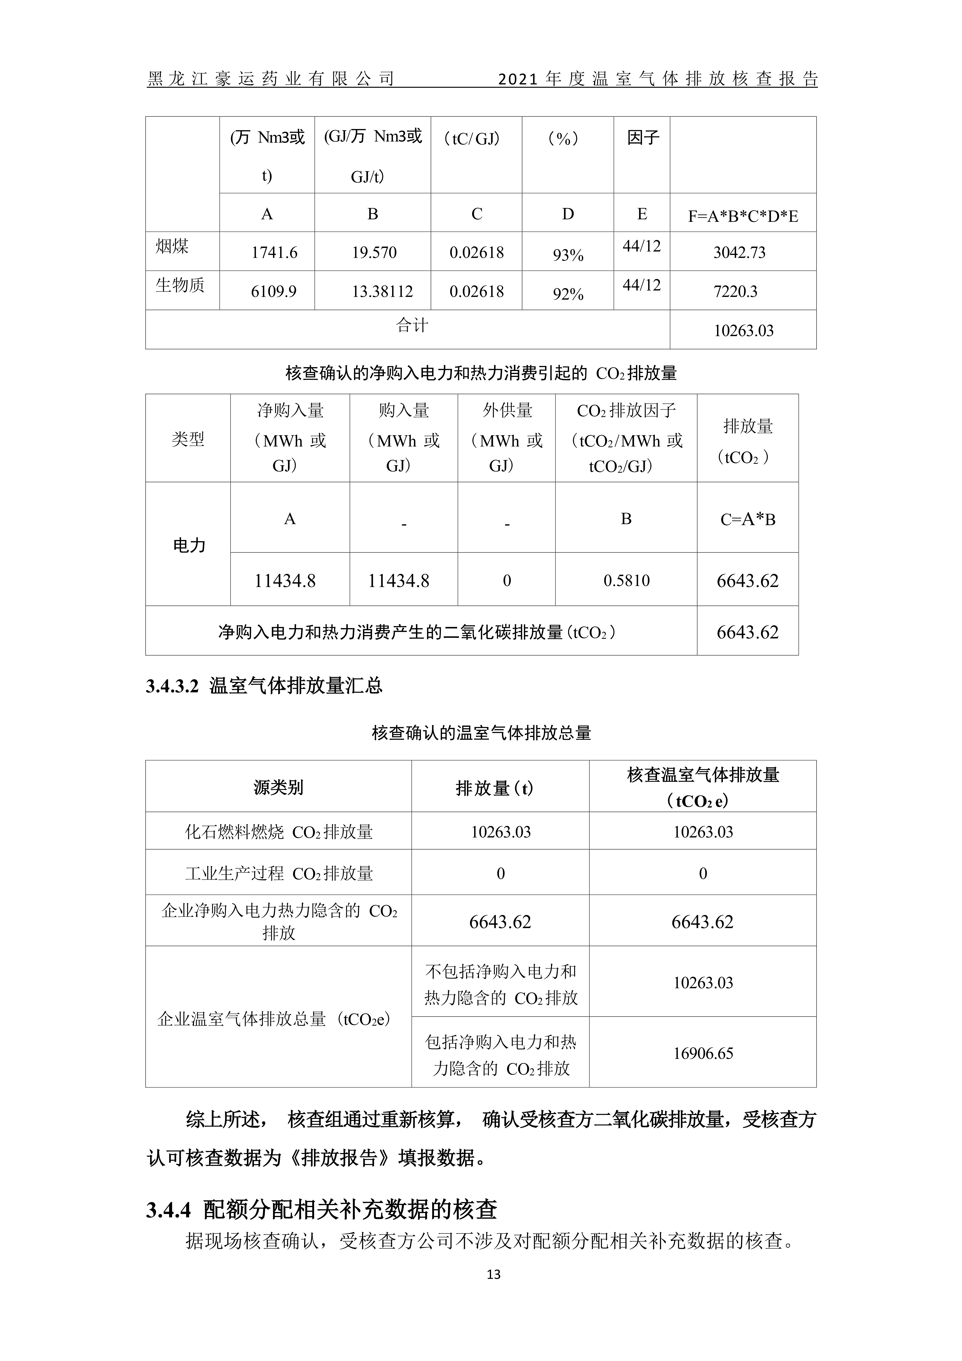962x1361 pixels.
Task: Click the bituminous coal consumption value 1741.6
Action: pos(274,253)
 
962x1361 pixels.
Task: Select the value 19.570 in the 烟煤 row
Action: pos(374,253)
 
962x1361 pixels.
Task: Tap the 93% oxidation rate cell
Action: pos(568,255)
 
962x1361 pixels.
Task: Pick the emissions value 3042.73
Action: pos(739,253)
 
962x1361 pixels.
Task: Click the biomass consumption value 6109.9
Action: pos(274,292)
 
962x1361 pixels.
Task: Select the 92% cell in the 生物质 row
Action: pos(568,294)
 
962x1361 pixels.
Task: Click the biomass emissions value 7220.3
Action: pos(735,292)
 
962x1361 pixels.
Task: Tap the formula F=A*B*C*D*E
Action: pos(743,216)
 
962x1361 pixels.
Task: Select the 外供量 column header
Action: pos(507,410)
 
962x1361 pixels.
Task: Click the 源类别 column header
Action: pos(278,788)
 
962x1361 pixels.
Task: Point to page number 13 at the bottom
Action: pos(493,1275)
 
